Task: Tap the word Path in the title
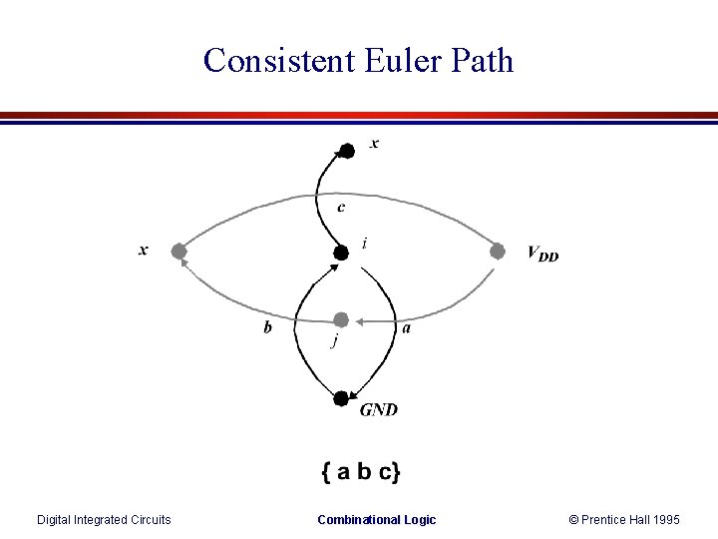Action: [482, 61]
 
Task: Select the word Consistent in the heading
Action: [276, 61]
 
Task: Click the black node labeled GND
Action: [341, 398]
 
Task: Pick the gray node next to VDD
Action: [498, 251]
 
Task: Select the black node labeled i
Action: [341, 253]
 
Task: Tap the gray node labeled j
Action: [341, 319]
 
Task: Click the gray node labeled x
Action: [178, 251]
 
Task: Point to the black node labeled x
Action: [346, 151]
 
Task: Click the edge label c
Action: [342, 208]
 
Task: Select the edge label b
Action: [267, 327]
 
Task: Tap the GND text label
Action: [378, 409]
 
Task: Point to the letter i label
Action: [365, 243]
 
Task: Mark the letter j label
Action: [334, 341]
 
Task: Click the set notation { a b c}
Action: [361, 470]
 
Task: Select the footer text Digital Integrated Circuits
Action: [104, 519]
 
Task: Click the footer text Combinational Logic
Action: [376, 519]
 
